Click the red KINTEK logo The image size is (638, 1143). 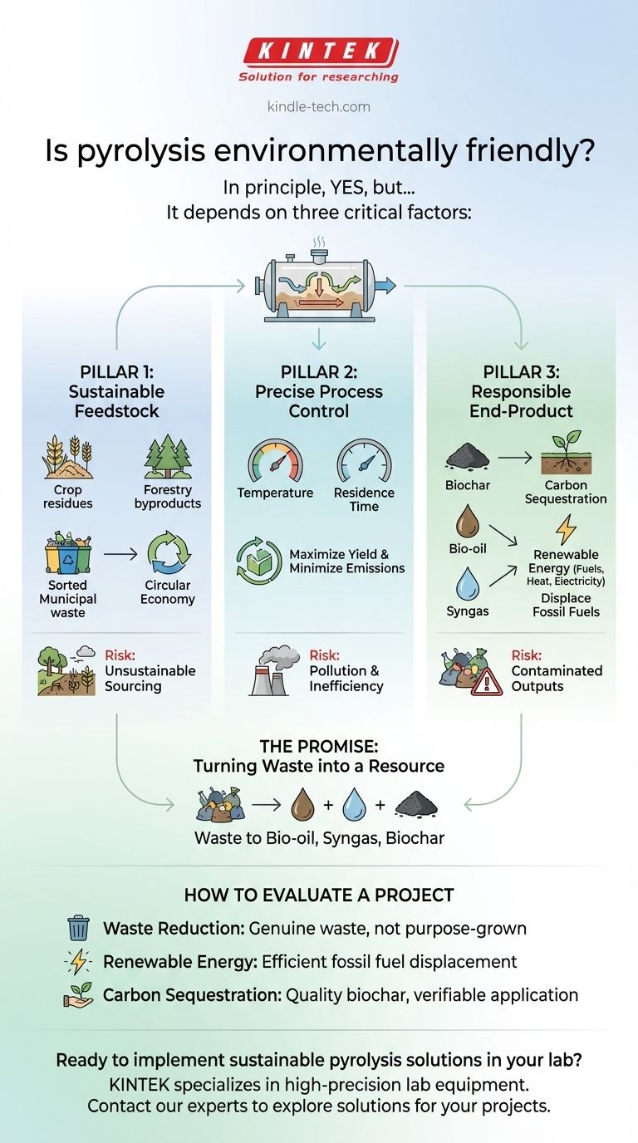click(x=319, y=52)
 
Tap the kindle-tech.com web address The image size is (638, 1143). click(x=319, y=106)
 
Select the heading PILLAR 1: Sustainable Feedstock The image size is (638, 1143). click(x=116, y=390)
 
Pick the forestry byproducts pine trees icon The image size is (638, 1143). click(x=167, y=458)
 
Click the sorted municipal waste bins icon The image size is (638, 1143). click(x=67, y=554)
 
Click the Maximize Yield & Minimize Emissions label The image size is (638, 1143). click(x=346, y=561)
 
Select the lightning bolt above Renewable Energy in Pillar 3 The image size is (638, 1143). click(x=565, y=527)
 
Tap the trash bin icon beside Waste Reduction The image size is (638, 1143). click(x=78, y=928)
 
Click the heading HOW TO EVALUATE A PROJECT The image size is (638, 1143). click(x=319, y=895)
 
